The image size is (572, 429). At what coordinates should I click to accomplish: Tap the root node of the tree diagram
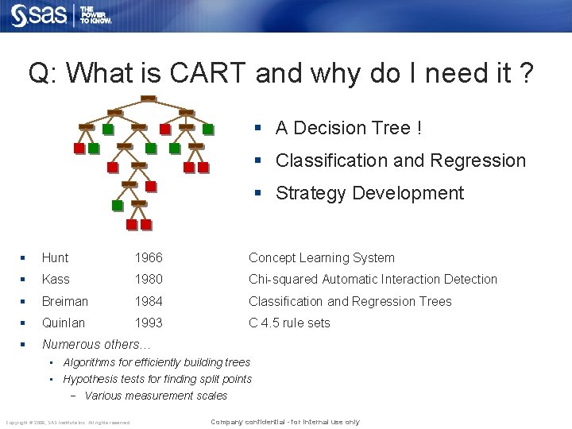[x=148, y=99]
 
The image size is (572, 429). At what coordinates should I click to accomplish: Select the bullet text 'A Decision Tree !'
[x=348, y=128]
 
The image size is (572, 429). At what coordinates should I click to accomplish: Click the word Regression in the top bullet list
[x=479, y=160]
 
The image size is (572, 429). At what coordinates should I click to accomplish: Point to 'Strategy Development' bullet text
[x=369, y=193]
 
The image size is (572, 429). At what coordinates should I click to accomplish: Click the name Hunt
[x=56, y=257]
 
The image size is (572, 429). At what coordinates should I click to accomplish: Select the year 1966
[x=149, y=257]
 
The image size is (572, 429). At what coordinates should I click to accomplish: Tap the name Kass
[x=56, y=279]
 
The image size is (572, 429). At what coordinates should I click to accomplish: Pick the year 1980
[x=149, y=279]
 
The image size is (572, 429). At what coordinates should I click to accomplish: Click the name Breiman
[x=65, y=301]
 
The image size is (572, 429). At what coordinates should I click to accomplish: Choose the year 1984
[x=149, y=301]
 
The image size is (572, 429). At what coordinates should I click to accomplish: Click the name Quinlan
[x=64, y=323]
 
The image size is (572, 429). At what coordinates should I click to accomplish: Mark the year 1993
[x=149, y=323]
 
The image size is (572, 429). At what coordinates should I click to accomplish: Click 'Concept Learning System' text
[x=321, y=257]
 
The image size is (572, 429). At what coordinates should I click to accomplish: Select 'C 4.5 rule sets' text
[x=289, y=323]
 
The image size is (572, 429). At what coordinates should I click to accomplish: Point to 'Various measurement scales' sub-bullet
[x=156, y=396]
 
